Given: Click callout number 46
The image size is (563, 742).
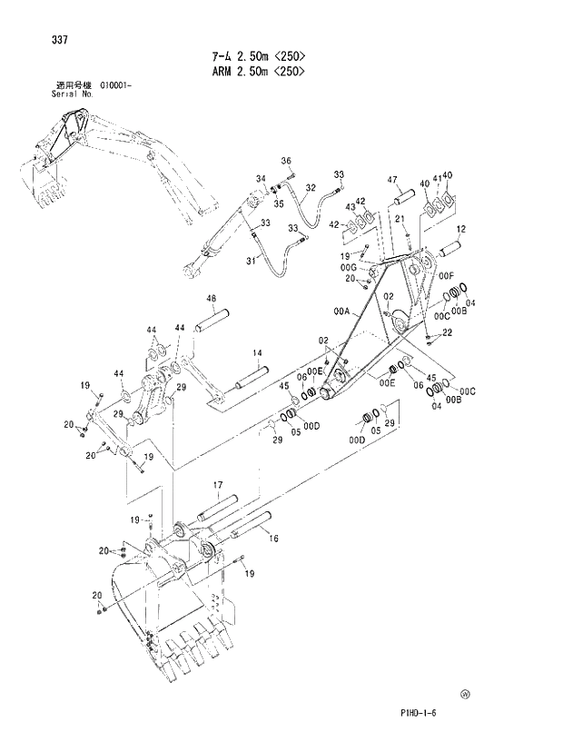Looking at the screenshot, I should (211, 299).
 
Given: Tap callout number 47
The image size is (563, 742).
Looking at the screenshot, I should (393, 180).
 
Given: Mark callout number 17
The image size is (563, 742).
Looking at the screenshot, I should (218, 485).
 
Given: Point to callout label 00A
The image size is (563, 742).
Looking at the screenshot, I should (341, 311).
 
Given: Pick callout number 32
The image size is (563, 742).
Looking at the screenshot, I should (310, 188).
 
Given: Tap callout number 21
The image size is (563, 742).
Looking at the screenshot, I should (399, 219).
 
